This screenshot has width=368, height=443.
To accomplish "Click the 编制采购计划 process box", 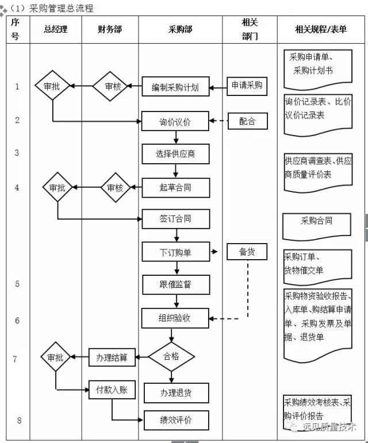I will point(175,87).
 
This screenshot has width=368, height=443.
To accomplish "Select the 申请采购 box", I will point(247,86).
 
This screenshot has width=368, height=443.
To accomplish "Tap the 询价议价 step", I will point(175,121).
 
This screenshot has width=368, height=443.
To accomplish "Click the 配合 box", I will point(247,121).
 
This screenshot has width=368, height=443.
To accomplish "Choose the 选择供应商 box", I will point(175,153).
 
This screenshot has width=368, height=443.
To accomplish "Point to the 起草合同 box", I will point(175,187).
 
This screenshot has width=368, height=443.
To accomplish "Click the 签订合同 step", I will point(175,219).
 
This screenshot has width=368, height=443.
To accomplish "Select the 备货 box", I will point(247,252).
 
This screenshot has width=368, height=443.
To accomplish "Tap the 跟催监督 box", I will point(175,284).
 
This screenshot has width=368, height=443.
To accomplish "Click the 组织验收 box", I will point(175,318).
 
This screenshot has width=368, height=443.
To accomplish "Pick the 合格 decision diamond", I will point(171,357).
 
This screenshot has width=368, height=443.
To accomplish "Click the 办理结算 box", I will point(112,357).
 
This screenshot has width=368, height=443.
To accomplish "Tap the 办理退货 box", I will point(175,393).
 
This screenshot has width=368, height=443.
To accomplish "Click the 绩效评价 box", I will point(175,420).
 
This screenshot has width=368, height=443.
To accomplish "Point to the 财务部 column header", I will point(110,29).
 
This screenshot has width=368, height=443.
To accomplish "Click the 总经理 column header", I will point(55,29).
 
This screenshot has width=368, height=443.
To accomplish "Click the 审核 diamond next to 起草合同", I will point(116,187).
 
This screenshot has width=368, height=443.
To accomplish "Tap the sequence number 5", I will point(17,284).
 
